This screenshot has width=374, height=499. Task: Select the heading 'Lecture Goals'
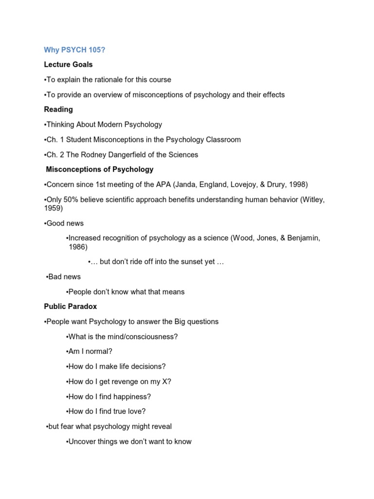68,64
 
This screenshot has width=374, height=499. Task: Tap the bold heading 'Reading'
58,109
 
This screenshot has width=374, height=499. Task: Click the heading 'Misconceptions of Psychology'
99,170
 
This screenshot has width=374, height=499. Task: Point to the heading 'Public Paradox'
70,307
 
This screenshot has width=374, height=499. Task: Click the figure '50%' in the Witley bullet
71,199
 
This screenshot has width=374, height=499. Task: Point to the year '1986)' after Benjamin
78,247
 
